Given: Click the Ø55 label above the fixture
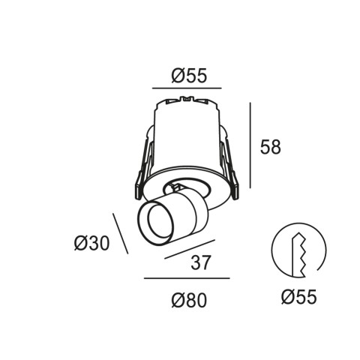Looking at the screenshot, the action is pyautogui.click(x=189, y=76).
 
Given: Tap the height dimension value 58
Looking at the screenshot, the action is pyautogui.click(x=271, y=147).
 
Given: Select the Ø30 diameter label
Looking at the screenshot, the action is pyautogui.click(x=91, y=243).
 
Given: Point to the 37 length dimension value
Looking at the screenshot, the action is pyautogui.click(x=201, y=262).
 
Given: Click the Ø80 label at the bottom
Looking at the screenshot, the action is pyautogui.click(x=189, y=300).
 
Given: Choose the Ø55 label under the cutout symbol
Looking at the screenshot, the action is pyautogui.click(x=299, y=297).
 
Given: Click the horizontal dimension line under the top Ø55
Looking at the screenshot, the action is pyautogui.click(x=187, y=88).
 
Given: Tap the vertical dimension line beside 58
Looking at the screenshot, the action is pyautogui.click(x=250, y=145).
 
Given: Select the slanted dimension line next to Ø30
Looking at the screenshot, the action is pyautogui.click(x=121, y=233).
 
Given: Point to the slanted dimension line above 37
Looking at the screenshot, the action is pyautogui.click(x=190, y=249).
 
